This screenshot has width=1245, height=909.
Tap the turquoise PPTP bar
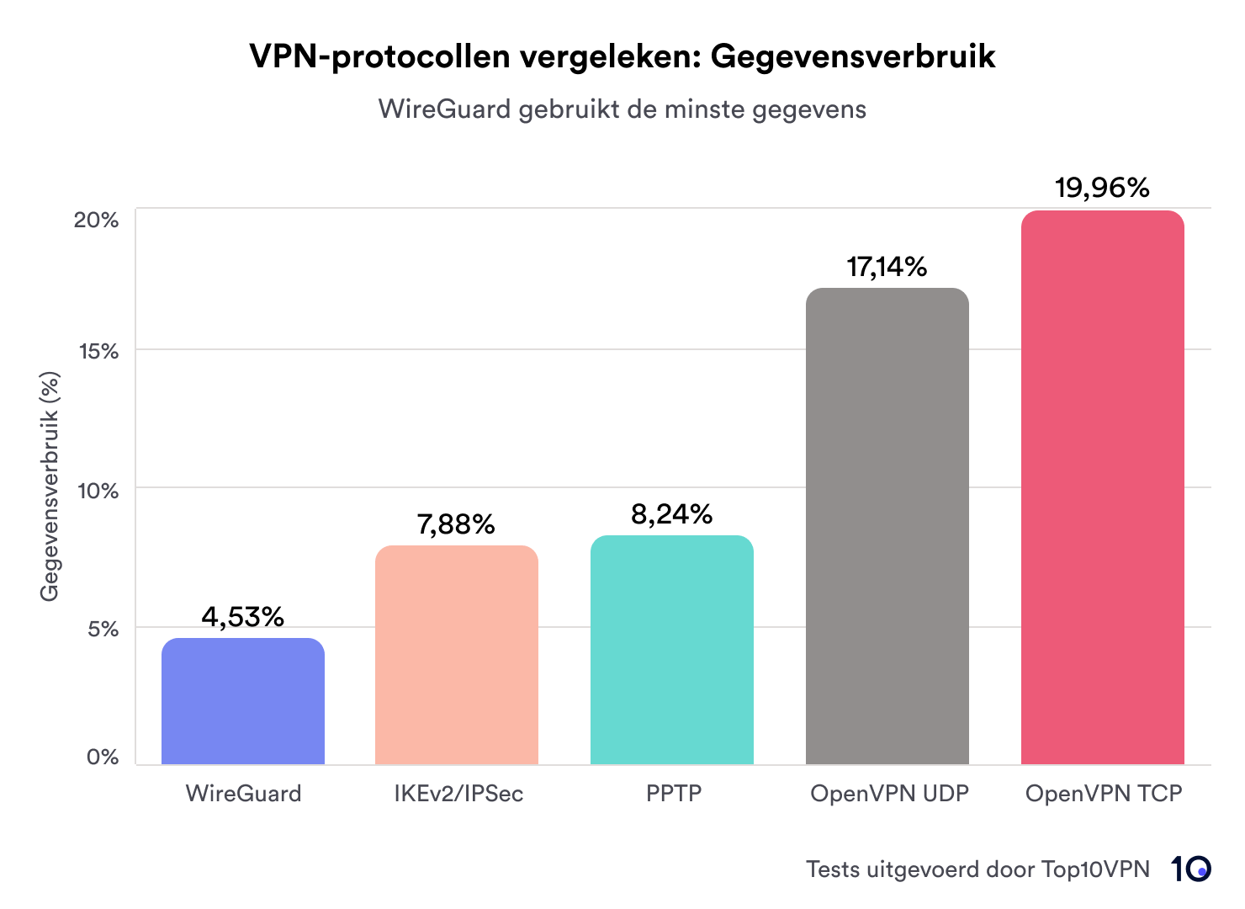(671, 650)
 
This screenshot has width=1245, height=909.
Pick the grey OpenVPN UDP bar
(887, 526)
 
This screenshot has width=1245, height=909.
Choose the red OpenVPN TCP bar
(1102, 487)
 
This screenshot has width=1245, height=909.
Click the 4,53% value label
(242, 617)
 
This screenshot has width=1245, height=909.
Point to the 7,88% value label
(456, 524)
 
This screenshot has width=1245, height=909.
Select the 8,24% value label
(671, 513)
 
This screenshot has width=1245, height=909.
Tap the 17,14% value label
(887, 267)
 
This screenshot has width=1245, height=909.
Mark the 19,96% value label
(1102, 188)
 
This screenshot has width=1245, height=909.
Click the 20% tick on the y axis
(96, 220)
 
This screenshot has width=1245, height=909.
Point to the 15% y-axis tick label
(98, 351)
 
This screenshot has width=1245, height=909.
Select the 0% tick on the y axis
(103, 757)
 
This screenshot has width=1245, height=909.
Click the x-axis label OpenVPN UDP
(889, 793)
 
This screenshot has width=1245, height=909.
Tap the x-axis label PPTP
(673, 793)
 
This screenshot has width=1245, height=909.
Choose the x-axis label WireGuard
(243, 793)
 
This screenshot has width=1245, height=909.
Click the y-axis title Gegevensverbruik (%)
(50, 486)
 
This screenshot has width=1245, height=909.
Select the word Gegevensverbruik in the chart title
(853, 56)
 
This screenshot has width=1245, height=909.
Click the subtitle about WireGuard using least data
(622, 109)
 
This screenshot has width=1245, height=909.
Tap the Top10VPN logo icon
(1190, 869)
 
